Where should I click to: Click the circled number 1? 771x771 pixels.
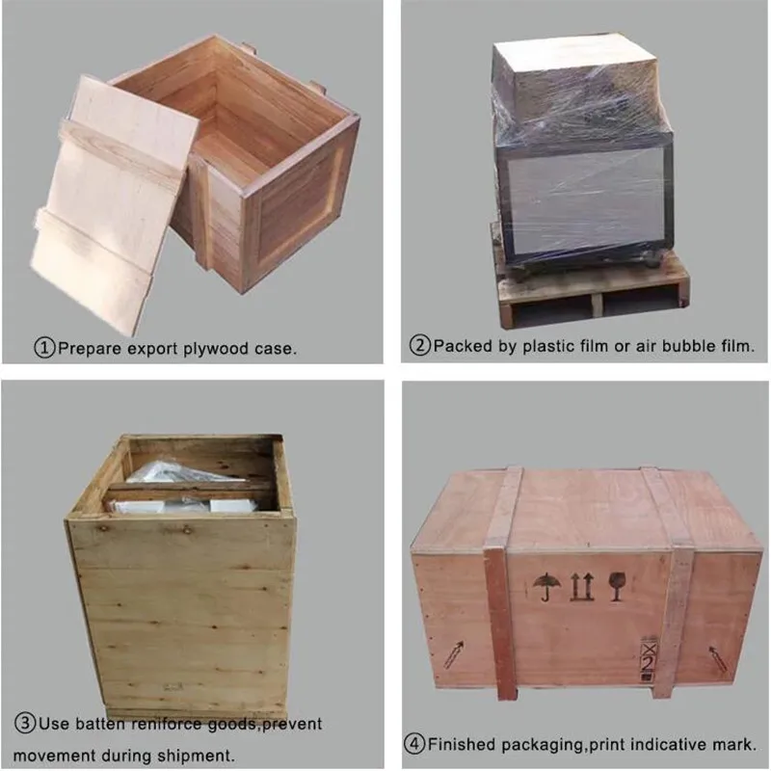point(45,347)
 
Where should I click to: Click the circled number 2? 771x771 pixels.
point(419,346)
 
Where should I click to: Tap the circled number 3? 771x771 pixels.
point(24,723)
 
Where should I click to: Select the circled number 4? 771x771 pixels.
point(414,744)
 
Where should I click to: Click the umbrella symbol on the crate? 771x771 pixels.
point(545,585)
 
